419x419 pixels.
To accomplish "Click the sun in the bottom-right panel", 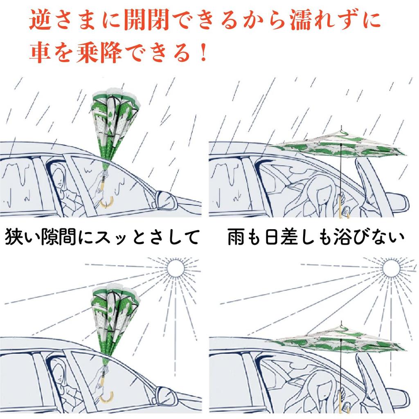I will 391,268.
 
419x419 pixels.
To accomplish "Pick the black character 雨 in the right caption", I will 237,237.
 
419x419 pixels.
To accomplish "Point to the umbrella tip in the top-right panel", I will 342,128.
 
